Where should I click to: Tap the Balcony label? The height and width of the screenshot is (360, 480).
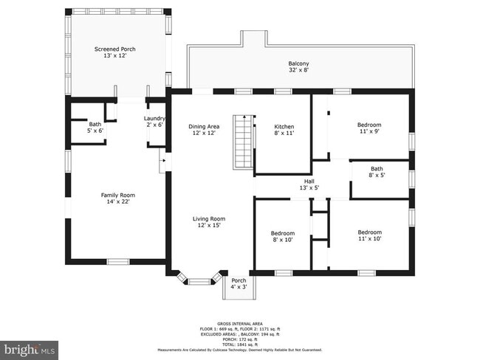(x=298, y=63)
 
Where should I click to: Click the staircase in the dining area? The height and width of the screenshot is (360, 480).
(x=243, y=141)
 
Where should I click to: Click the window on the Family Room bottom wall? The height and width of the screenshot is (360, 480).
(x=117, y=261)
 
